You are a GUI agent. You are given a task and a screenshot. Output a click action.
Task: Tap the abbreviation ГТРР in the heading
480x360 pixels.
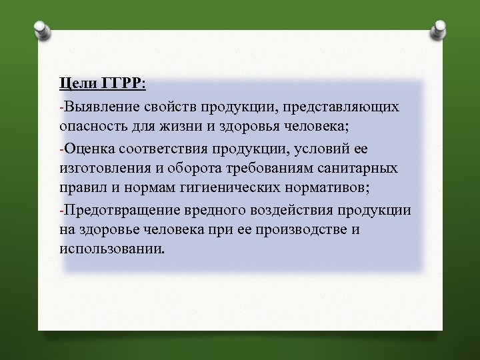coord(123,83)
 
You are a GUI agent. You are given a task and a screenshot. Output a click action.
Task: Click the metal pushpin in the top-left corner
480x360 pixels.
coord(41,31)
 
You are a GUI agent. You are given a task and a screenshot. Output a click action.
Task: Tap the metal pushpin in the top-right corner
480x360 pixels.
coord(440,29)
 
